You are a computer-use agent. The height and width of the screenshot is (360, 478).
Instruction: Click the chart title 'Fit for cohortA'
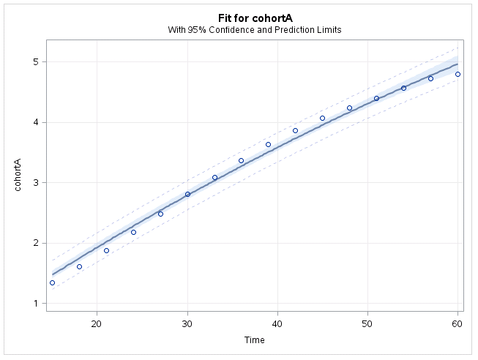254,17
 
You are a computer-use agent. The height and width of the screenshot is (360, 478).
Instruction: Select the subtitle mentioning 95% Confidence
254,30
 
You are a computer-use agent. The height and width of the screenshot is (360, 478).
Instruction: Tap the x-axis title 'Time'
254,340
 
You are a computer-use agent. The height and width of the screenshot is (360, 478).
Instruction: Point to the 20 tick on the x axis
97,323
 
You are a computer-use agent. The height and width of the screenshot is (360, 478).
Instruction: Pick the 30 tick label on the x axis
187,323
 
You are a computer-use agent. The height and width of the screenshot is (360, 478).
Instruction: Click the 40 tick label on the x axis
277,323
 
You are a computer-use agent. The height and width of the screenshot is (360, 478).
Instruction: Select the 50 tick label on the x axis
367,323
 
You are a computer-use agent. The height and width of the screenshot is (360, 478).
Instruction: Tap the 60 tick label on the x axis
458,323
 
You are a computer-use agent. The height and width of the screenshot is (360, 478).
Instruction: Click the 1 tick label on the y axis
35,304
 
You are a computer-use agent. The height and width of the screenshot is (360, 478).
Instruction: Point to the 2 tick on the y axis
35,243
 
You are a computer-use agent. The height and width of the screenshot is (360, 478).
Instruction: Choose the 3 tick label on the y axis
35,183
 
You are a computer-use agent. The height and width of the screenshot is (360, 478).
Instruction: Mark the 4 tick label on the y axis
35,122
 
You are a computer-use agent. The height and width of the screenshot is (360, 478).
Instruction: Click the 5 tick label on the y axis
35,62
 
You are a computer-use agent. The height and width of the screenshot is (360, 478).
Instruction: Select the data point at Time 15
52,282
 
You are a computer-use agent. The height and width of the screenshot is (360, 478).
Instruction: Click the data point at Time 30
187,194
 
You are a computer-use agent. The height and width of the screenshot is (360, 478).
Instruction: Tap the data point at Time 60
458,74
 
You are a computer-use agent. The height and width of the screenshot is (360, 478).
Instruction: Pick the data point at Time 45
322,118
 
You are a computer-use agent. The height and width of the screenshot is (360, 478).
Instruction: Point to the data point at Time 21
106,250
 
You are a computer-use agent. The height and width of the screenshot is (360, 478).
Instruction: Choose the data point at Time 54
403,88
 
